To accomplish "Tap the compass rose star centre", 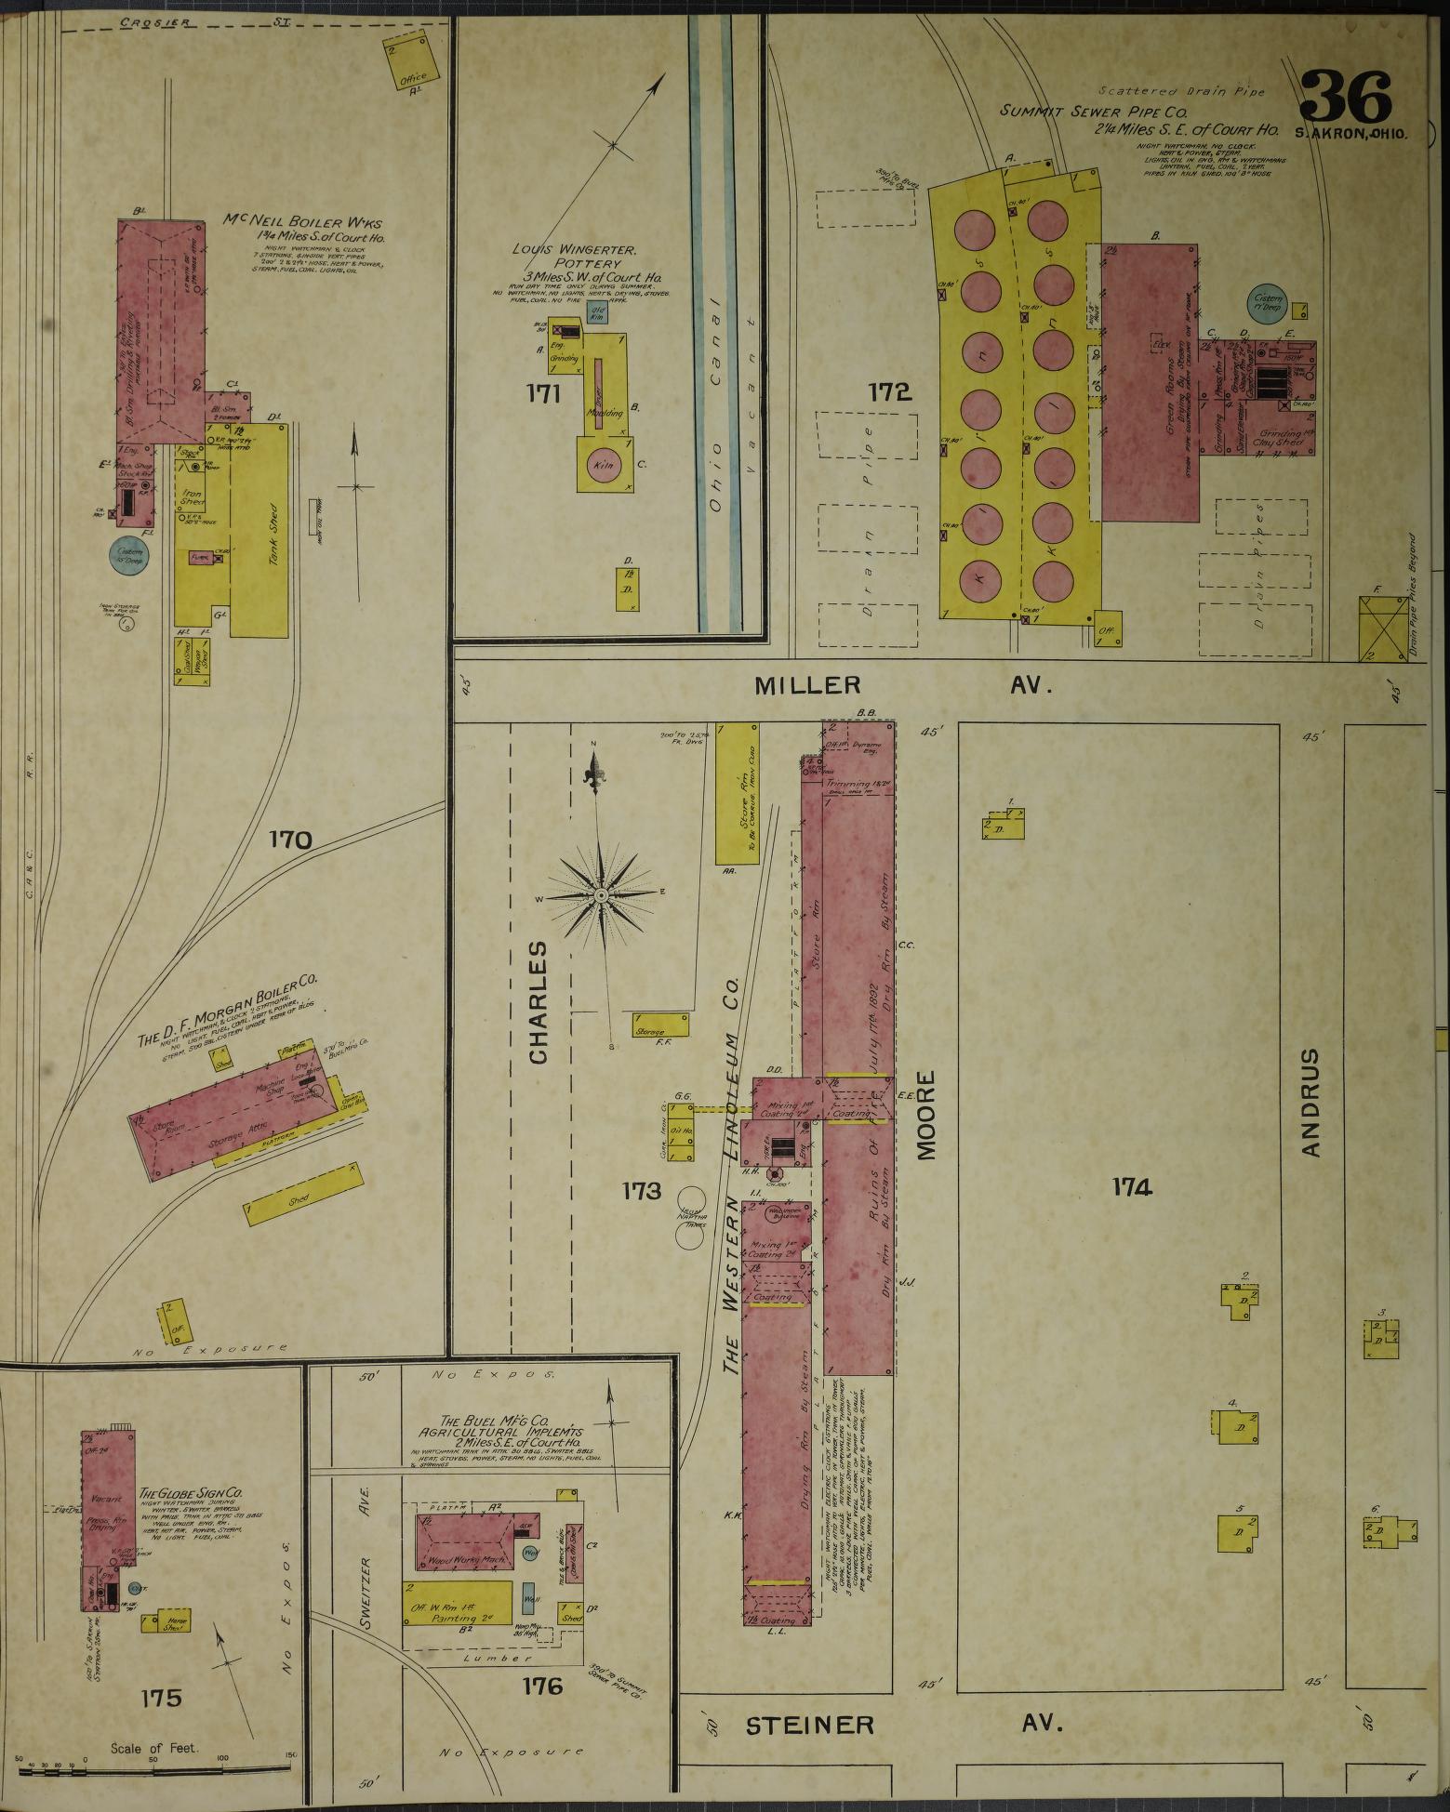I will (x=601, y=894).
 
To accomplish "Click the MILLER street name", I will (x=806, y=685).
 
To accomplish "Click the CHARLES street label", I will (x=539, y=1002).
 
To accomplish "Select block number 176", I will (x=542, y=1686).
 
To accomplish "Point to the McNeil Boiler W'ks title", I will (x=302, y=223).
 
